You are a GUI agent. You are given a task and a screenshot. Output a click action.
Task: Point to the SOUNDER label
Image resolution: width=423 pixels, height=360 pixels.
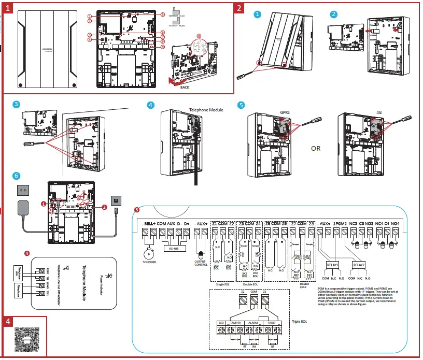click(x=149, y=262)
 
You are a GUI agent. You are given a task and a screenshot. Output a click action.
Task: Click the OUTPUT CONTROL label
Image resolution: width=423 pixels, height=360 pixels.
click(x=201, y=264)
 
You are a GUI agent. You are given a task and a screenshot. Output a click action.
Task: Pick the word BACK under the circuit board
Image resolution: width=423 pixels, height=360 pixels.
click(x=185, y=88)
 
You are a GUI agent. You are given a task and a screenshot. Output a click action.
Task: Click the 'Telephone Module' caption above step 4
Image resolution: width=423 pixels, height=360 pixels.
click(x=206, y=110)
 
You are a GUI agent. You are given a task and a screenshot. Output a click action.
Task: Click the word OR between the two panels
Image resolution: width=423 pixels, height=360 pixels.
click(x=316, y=148)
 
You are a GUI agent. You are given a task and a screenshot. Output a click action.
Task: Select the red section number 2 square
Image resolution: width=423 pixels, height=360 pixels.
click(x=238, y=8)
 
